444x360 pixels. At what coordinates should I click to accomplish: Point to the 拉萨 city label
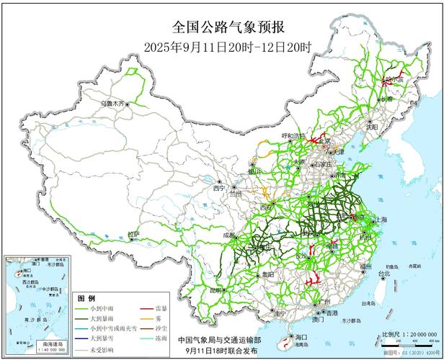click(133, 234)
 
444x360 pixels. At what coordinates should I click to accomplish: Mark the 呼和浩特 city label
click(293, 135)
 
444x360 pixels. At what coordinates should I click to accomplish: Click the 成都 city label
click(228, 235)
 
